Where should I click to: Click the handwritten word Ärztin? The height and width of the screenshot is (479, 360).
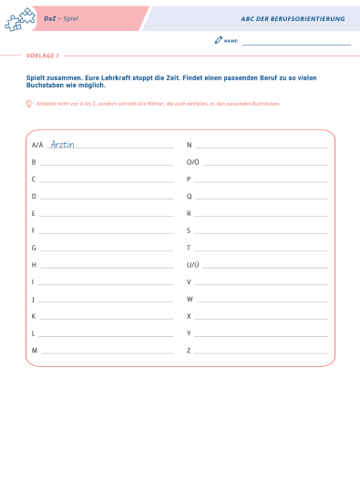(x=62, y=144)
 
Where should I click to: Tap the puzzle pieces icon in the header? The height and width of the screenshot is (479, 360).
(x=19, y=19)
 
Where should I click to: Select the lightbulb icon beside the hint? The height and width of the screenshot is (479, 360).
(x=29, y=104)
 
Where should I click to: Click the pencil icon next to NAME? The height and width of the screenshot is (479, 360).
(x=218, y=41)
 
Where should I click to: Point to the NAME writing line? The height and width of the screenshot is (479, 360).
(x=296, y=44)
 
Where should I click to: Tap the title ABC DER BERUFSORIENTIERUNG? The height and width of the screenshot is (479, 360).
(x=293, y=18)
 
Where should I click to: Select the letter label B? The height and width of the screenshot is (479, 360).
(x=34, y=162)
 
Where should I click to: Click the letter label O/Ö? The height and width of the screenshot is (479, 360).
(x=192, y=162)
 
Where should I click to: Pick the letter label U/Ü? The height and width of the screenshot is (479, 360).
(x=192, y=265)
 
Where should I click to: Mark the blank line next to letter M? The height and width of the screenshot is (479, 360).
(x=107, y=352)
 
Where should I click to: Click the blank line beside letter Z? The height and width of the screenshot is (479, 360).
(x=262, y=352)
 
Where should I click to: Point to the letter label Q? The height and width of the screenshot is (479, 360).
(x=189, y=196)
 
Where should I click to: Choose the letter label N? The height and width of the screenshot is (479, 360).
(x=189, y=145)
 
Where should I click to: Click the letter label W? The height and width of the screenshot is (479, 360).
(x=190, y=299)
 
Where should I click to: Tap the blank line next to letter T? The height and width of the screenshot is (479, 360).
(x=262, y=250)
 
